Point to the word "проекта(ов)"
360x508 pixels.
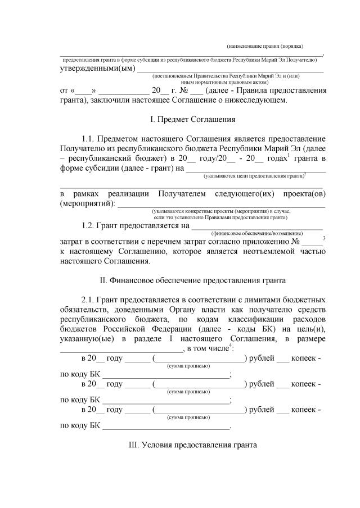303,194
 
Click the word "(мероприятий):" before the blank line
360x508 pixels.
87,203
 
